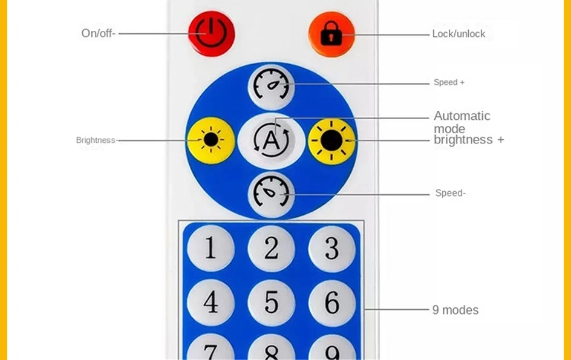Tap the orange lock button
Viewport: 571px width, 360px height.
pyautogui.click(x=331, y=34)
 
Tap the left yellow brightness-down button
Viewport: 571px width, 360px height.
pyautogui.click(x=210, y=140)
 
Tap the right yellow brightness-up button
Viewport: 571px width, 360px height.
pyautogui.click(x=331, y=140)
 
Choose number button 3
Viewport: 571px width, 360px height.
pyautogui.click(x=331, y=249)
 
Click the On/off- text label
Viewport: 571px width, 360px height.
pyautogui.click(x=97, y=33)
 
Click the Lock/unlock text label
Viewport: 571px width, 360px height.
pyautogui.click(x=458, y=34)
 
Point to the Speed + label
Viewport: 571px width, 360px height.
pyautogui.click(x=449, y=82)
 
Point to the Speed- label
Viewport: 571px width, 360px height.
pyautogui.click(x=450, y=194)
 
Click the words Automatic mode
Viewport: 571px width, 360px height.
pyautogui.click(x=462, y=122)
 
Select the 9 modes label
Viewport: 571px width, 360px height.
pyautogui.click(x=455, y=310)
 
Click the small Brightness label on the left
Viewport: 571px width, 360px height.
pyautogui.click(x=95, y=140)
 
